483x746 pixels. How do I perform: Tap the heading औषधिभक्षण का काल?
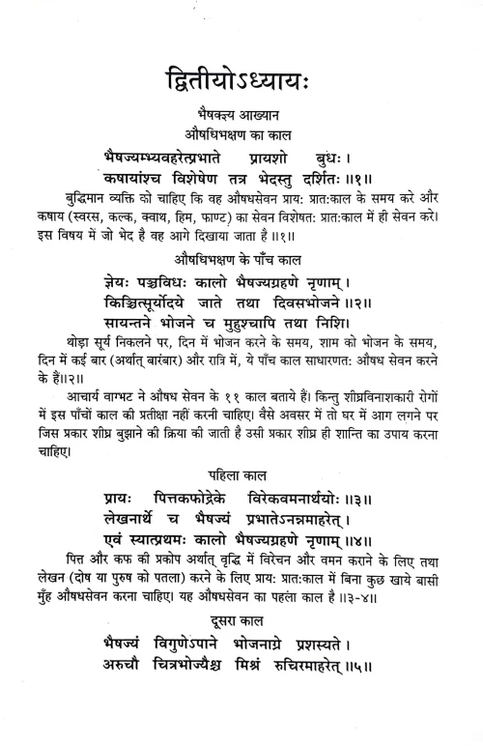(241, 130)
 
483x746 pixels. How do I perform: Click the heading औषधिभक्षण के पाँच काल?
(241, 259)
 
